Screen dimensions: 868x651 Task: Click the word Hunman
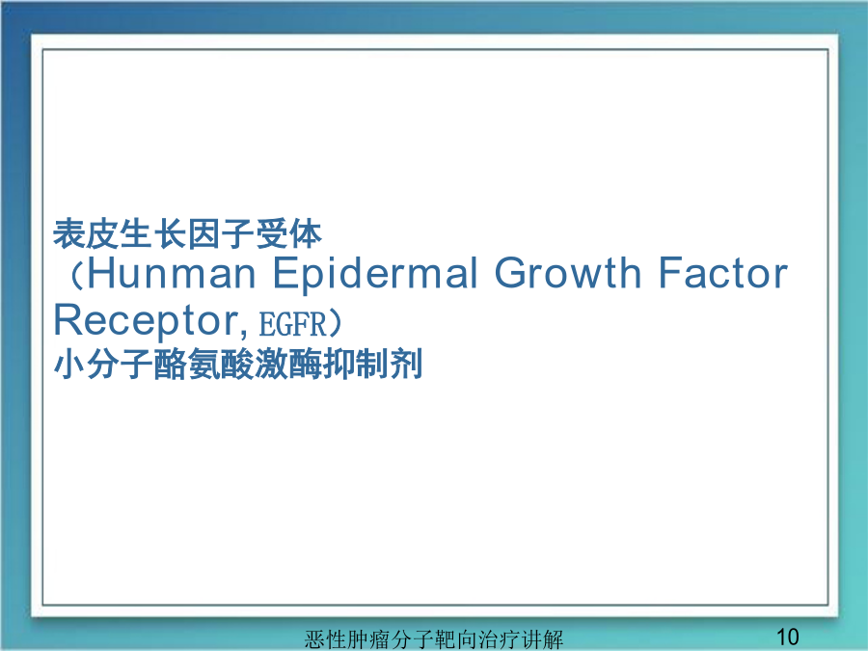172,273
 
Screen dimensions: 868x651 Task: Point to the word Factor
723,273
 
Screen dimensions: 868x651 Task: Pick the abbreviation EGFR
293,324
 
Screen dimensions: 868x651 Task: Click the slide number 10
787,637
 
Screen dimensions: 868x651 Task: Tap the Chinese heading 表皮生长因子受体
187,233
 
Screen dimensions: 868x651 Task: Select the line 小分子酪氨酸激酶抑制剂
238,364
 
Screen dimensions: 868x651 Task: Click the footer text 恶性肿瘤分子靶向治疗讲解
433,639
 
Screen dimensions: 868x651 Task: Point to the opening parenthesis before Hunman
76,275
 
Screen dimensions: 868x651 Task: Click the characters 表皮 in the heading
87,233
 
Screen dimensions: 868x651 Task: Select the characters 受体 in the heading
288,233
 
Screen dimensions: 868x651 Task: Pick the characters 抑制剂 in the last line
372,364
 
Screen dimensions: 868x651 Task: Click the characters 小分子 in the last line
103,364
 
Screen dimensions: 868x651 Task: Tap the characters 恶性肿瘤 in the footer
347,639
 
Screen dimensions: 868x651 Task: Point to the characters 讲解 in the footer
542,639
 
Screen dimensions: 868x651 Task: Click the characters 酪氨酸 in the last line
204,364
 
